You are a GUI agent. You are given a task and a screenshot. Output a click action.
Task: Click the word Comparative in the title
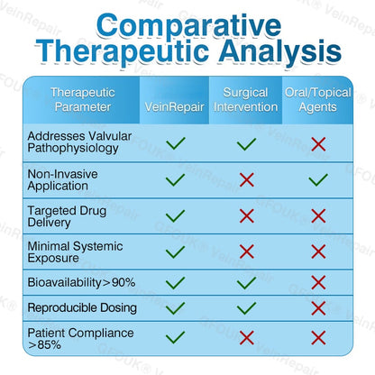pos(189,26)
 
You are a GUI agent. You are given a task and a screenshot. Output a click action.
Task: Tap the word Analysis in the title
pos(280,51)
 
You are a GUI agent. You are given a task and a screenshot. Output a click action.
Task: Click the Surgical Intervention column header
pos(245,100)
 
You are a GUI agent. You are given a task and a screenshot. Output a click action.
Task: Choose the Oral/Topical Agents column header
pos(318,100)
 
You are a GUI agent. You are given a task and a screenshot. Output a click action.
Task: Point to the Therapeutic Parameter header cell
pos(83,100)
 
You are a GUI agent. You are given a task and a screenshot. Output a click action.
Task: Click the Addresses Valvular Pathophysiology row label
pos(79,142)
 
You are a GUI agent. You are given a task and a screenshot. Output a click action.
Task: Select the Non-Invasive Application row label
pos(62,180)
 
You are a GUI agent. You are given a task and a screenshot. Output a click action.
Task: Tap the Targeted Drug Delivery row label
pos(67,216)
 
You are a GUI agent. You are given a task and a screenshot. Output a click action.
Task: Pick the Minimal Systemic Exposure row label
pos(75,252)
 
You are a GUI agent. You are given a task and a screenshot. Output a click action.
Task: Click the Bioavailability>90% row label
pos(81,282)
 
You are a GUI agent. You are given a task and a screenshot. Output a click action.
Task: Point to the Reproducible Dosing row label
pos(82,308)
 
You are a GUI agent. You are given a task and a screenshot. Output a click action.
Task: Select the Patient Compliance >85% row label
pos(80,339)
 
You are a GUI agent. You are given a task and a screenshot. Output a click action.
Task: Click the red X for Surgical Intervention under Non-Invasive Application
pos(247,179)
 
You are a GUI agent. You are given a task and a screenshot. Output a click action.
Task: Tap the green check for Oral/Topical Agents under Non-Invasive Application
pos(318,179)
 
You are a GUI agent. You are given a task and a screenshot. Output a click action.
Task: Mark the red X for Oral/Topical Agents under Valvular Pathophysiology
pos(318,144)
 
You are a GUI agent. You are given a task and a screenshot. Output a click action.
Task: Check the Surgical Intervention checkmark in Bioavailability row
pos(247,282)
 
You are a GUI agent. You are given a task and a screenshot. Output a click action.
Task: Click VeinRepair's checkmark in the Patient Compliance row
pos(176,337)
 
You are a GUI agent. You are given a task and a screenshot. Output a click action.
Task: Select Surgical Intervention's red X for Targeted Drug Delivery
pos(247,216)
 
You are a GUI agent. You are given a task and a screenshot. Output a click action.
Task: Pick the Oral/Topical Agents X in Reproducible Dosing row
pos(318,308)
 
